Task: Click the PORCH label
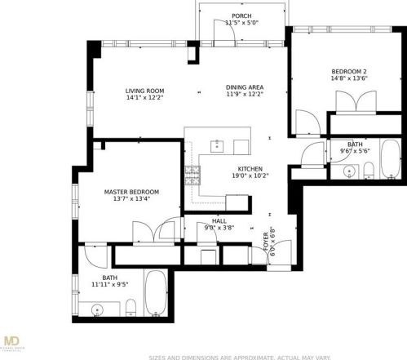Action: click(241, 16)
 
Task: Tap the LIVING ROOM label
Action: click(145, 90)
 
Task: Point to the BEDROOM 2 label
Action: click(348, 72)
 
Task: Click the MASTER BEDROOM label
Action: click(131, 192)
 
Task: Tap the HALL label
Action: click(219, 220)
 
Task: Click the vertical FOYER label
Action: click(265, 241)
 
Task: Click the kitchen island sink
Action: click(217, 146)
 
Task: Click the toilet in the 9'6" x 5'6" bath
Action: click(368, 170)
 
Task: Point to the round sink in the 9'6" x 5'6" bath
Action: click(349, 171)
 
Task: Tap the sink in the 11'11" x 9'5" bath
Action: click(99, 309)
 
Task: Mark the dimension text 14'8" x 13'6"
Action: click(348, 79)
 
